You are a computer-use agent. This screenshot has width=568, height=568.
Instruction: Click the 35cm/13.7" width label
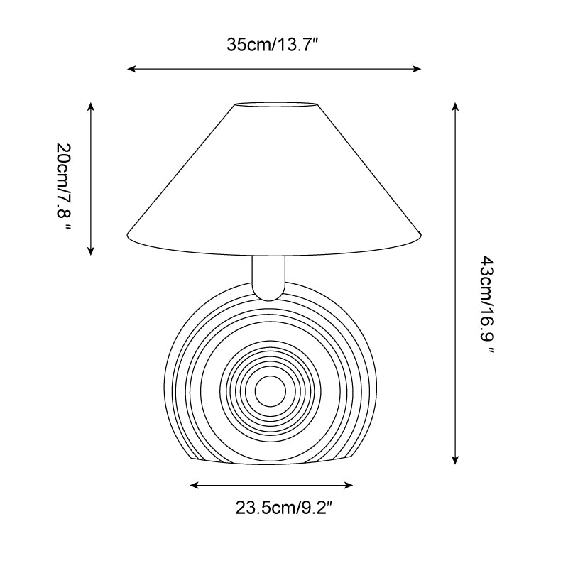[273, 45]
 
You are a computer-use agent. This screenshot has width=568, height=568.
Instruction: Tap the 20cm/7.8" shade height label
[64, 186]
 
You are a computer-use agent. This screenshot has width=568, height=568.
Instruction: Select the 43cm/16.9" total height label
[487, 305]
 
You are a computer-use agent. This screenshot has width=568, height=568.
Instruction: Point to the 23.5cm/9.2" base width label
[283, 508]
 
